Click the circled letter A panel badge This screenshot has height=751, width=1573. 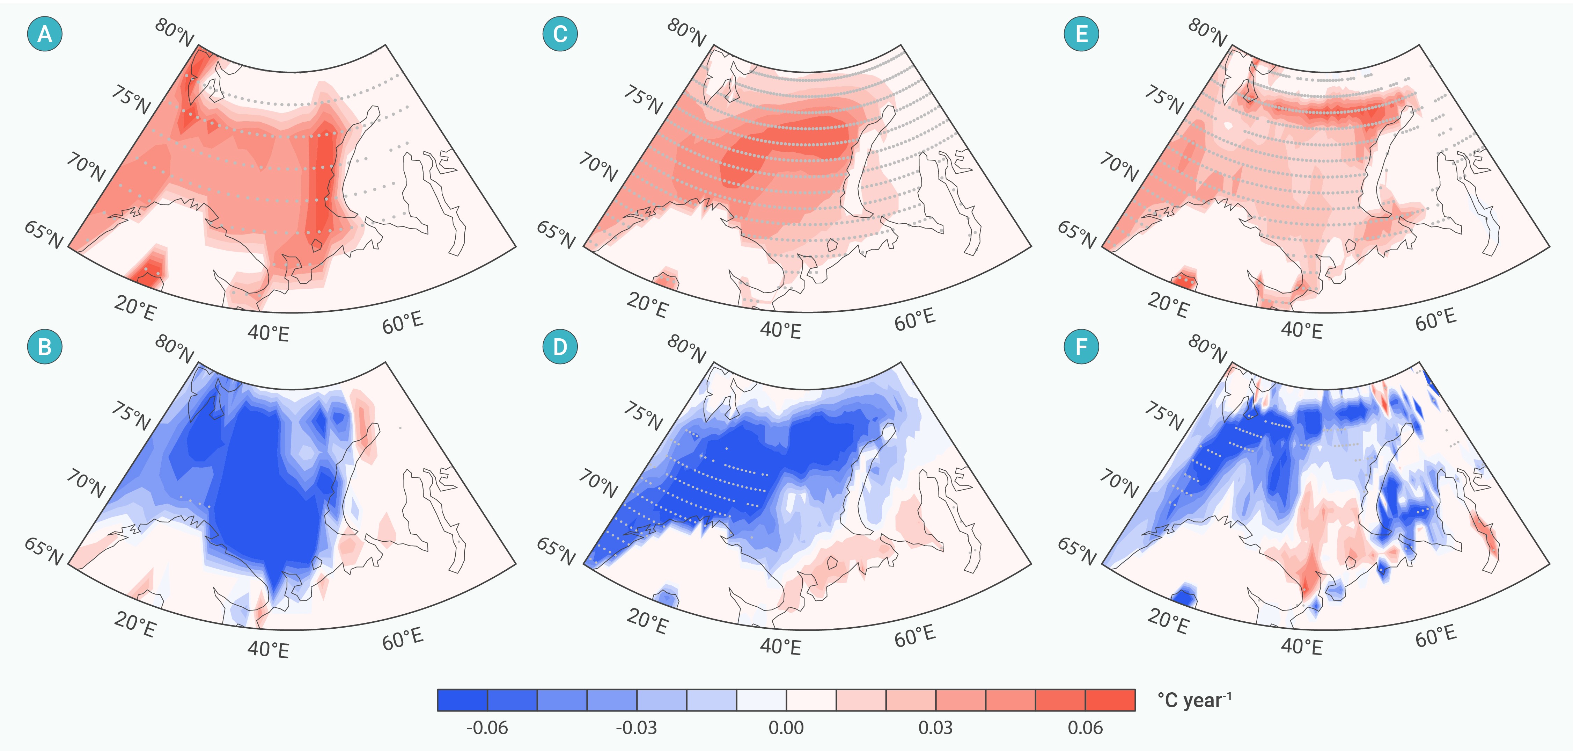45,34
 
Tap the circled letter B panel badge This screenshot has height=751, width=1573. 45,346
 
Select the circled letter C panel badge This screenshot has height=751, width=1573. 560,34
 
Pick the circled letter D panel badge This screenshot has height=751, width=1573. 560,346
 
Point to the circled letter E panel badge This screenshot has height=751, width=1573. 1081,34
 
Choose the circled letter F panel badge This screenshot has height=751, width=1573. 1081,346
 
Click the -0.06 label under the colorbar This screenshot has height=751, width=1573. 487,728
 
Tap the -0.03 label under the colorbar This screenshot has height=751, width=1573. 636,728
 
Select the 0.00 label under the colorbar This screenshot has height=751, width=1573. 786,728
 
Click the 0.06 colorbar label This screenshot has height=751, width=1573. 1085,728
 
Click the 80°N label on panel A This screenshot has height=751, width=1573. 174,33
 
